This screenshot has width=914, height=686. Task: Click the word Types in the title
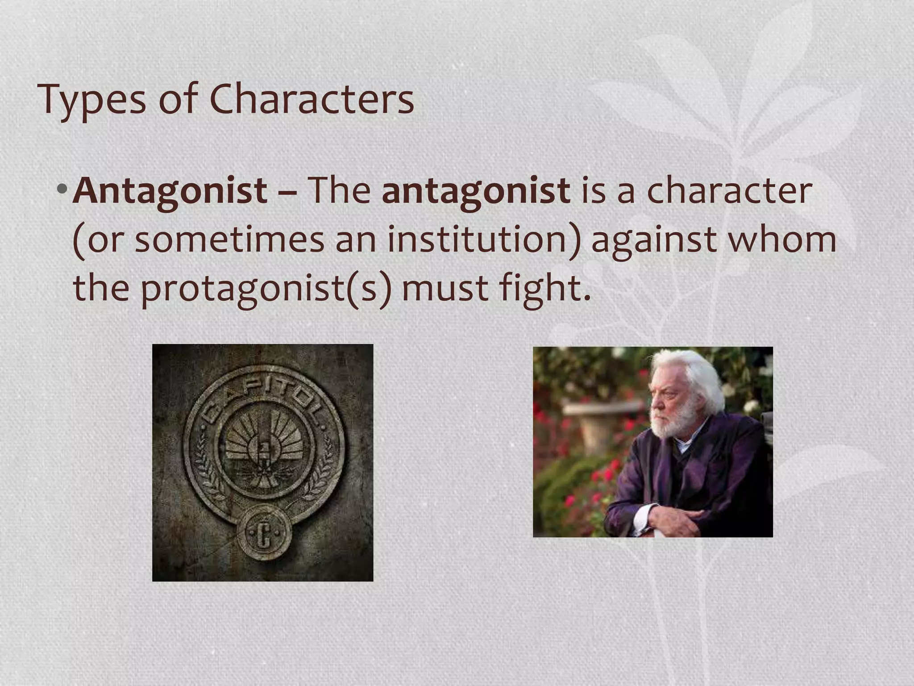coord(91,99)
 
